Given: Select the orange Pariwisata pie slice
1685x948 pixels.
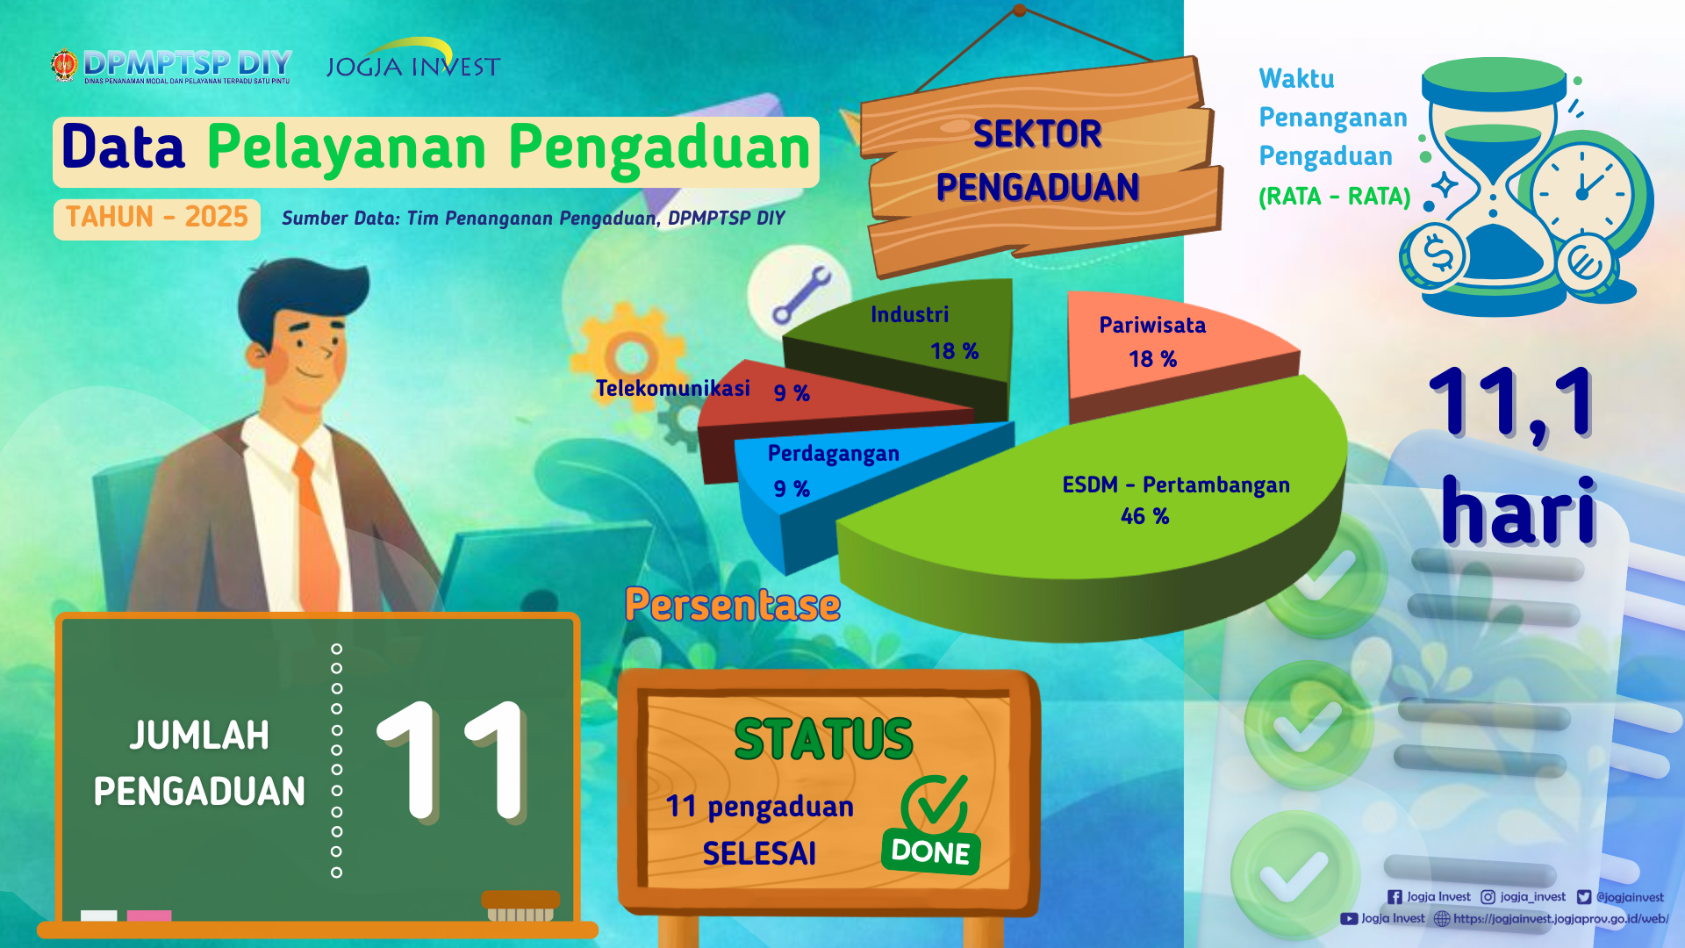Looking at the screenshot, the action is pyautogui.click(x=1167, y=351).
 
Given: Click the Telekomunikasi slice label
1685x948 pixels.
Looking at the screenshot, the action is pyautogui.click(x=673, y=388).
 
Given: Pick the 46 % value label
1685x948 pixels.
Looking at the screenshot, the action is pyautogui.click(x=1144, y=516).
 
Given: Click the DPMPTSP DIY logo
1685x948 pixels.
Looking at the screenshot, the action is pyautogui.click(x=171, y=66).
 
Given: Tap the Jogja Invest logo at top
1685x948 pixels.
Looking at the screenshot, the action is pyautogui.click(x=412, y=60).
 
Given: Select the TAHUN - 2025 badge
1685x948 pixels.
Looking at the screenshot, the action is pyautogui.click(x=157, y=218).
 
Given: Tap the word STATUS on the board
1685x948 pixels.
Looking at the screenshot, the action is pyautogui.click(x=823, y=739).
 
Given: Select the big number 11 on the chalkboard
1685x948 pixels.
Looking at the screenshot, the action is pyautogui.click(x=453, y=760).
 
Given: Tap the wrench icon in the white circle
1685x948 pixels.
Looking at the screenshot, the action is pyautogui.click(x=800, y=295).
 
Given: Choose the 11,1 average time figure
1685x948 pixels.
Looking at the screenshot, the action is pyautogui.click(x=1512, y=403).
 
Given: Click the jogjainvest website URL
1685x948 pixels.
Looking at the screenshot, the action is pyautogui.click(x=1560, y=918).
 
